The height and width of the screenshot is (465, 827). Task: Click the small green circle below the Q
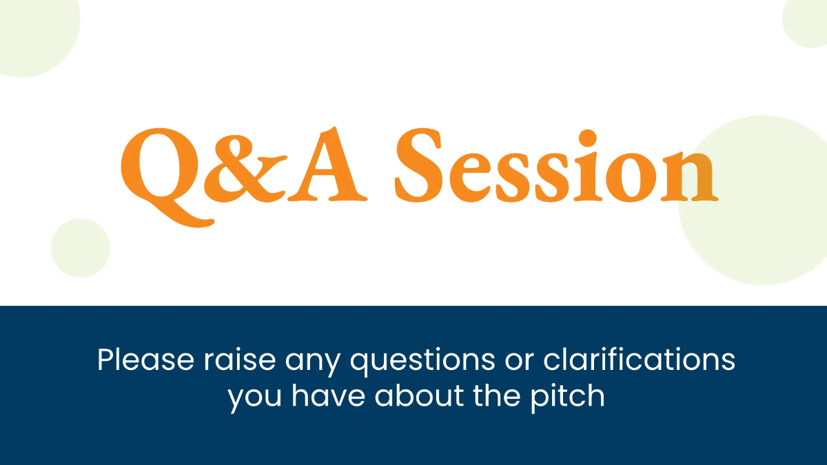pyautogui.click(x=81, y=248)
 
